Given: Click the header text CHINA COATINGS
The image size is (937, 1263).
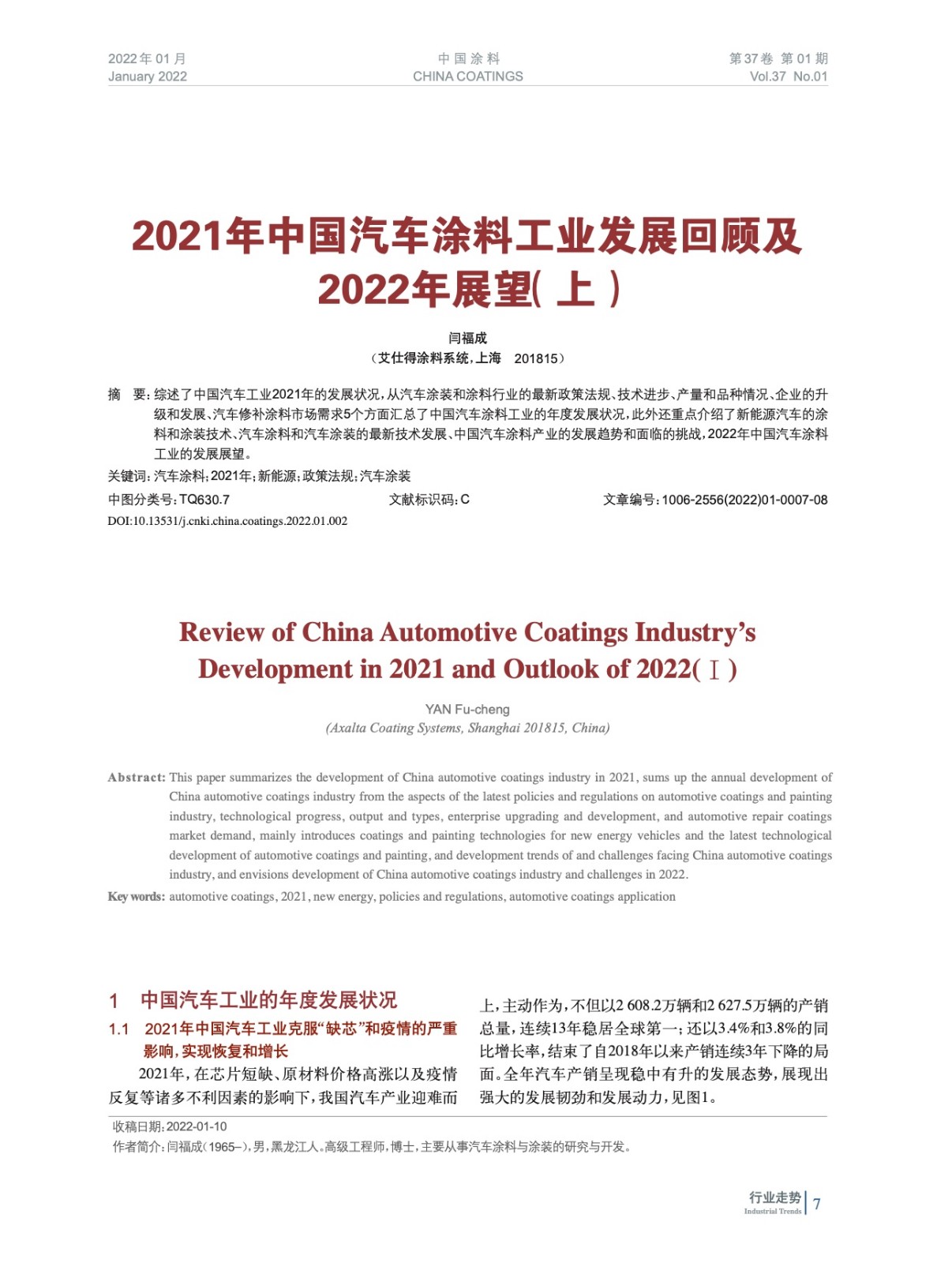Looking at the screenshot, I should click(x=467, y=77).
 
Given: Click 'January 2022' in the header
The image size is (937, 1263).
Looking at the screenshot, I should click(x=148, y=77).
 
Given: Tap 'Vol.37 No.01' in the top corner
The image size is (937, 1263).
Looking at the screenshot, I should click(x=788, y=77).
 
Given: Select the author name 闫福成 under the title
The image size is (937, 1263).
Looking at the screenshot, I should click(x=467, y=338).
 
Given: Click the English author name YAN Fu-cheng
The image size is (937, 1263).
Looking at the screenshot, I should click(x=467, y=709).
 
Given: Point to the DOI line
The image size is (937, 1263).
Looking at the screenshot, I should click(x=227, y=521).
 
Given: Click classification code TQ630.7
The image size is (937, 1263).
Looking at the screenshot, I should click(x=204, y=500).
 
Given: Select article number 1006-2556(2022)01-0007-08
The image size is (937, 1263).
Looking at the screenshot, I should click(x=744, y=500).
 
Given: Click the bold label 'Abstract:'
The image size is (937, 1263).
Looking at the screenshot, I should click(x=137, y=778).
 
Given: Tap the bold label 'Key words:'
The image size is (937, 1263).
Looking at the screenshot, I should click(x=137, y=897).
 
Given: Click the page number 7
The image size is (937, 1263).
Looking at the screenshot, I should click(x=817, y=1204).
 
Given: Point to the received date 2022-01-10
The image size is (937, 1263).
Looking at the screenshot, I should click(x=197, y=1126).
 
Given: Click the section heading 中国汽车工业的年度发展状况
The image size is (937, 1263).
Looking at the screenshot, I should click(x=268, y=1000).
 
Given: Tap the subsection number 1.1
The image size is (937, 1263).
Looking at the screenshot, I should click(x=118, y=1029).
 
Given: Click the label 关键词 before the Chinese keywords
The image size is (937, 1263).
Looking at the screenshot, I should click(x=128, y=476).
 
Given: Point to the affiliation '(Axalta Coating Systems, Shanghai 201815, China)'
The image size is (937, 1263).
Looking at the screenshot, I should click(x=467, y=728).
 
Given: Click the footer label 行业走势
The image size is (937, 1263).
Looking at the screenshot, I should click(x=774, y=1197).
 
